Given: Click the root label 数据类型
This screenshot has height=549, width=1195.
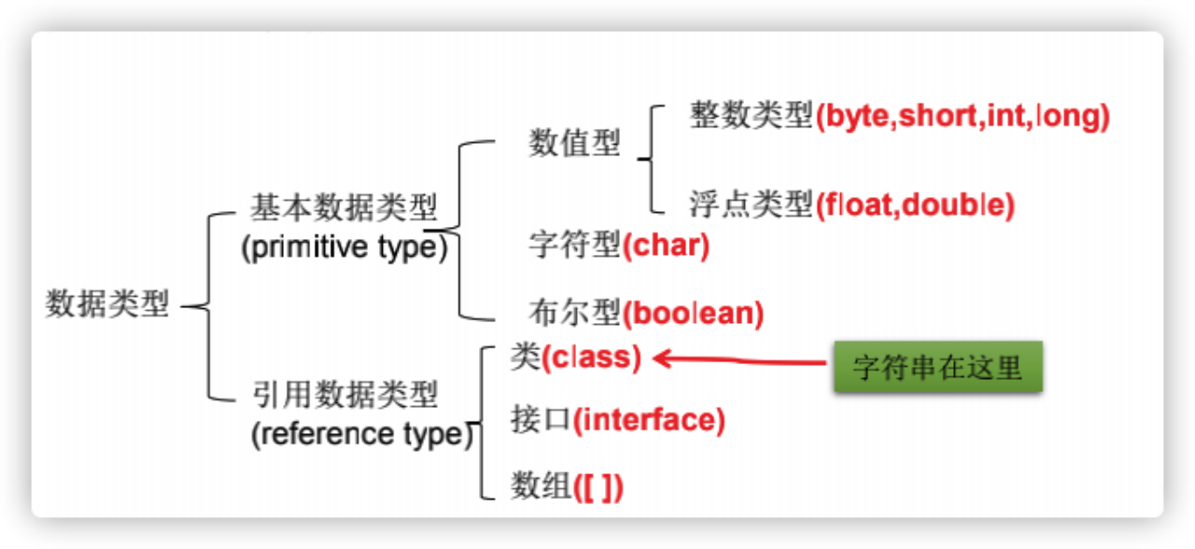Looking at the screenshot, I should tap(107, 304).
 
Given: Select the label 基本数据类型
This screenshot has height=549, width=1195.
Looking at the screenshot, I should tap(344, 207).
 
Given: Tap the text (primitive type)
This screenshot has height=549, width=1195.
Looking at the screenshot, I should tap(344, 249).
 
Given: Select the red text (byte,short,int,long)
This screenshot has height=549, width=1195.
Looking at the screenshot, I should tap(963, 117).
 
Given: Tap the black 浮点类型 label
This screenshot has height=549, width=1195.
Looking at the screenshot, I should tap(751, 204).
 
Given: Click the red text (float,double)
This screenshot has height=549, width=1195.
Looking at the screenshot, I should tap(915, 204).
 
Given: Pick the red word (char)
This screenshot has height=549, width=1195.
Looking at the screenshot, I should tap(667, 246).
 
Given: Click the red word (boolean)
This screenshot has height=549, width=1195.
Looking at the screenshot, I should tap(694, 313).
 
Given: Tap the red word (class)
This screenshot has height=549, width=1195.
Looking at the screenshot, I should tap(592, 359).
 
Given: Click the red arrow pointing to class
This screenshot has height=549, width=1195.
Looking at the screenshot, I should tap(738, 359).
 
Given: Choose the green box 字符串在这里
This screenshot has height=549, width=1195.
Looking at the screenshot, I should tap(936, 367).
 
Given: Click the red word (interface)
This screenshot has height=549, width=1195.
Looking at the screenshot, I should tap(649, 420).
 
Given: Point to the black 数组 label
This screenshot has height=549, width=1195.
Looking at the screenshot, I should tap(541, 486).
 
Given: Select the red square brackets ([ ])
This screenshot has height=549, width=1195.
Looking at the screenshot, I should tap(597, 487).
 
